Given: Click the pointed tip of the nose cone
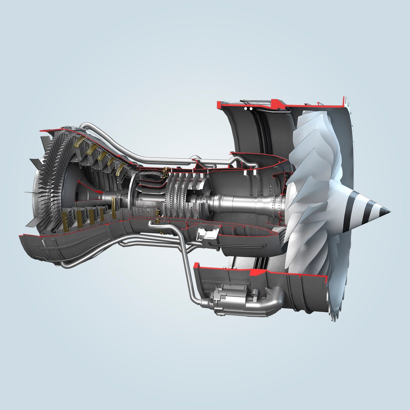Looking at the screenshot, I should coord(389,211).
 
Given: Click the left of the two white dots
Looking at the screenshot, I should coord(246,109).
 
